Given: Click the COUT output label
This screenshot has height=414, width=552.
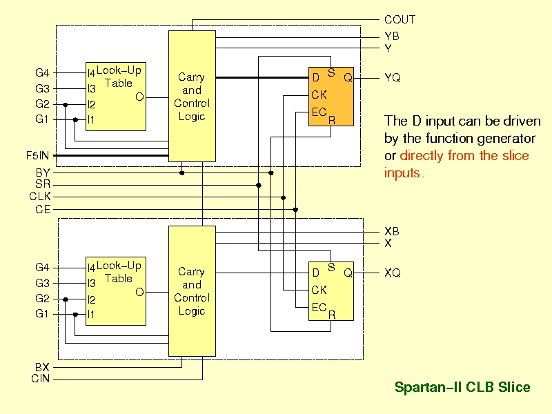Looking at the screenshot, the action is pos(400,20).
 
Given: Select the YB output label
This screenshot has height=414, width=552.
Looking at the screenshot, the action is pos(391,37).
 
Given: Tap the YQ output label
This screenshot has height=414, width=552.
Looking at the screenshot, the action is pos(393,77).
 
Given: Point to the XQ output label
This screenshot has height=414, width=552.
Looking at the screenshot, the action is pos(393,273).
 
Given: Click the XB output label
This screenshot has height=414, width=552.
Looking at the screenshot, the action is pos(391,231).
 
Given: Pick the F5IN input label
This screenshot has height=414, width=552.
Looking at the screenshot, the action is pos(37,155).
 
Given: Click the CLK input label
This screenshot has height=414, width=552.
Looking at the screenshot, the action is pos(40,196).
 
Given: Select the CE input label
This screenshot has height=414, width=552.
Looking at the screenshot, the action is pos(43,210).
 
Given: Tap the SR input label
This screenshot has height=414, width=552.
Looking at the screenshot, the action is pos(43,184).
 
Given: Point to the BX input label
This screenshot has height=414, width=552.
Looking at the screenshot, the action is pos(42,367).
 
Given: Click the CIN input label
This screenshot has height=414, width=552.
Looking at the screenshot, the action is pos(41,379).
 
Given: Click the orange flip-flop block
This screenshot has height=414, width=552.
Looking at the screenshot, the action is pos(331,97).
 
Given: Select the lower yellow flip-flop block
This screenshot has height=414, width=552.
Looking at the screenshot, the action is pos(331,291).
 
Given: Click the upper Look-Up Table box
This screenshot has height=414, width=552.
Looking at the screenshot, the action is pos(116,97).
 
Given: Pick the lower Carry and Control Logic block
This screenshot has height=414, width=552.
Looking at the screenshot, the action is pos(192,291).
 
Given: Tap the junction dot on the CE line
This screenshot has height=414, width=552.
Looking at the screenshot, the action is pos(296,210).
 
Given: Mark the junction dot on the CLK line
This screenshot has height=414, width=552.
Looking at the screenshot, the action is pos(284,198).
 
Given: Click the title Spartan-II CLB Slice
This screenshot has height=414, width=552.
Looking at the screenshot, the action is pos(462,387).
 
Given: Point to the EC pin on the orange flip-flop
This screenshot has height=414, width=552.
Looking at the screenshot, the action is pos(319,112).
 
